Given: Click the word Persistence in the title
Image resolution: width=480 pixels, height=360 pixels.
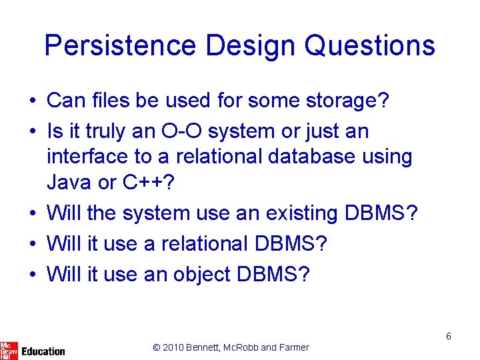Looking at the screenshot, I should [x=120, y=46].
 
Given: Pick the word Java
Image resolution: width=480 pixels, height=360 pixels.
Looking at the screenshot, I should [x=69, y=182].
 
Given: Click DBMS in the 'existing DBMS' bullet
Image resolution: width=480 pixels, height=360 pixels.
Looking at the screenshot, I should [x=381, y=213].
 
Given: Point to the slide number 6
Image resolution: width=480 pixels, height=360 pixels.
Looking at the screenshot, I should [x=449, y=336].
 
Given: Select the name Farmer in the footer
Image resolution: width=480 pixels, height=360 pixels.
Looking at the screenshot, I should [x=294, y=347].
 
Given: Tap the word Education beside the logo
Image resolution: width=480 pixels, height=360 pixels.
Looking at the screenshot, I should [x=43, y=351].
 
